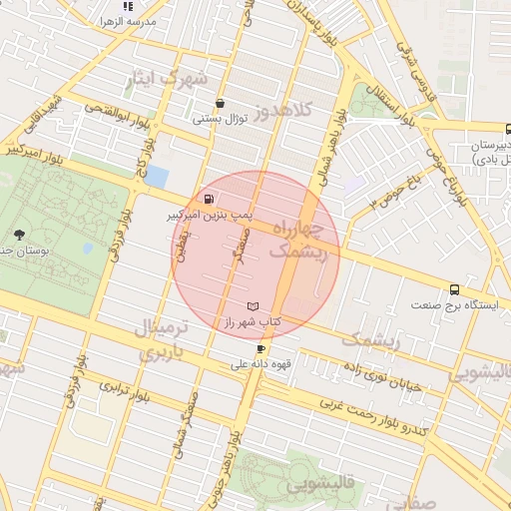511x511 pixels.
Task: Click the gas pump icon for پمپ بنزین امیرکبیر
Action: coord(208,198)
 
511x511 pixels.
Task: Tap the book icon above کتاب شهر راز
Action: coord(253,305)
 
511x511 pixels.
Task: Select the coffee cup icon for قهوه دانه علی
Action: coord(261,348)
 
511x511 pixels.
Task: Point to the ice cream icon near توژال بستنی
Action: coord(220,103)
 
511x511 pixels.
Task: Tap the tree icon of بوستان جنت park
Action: coord(19,236)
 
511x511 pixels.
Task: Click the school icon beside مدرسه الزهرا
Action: coord(127,7)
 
